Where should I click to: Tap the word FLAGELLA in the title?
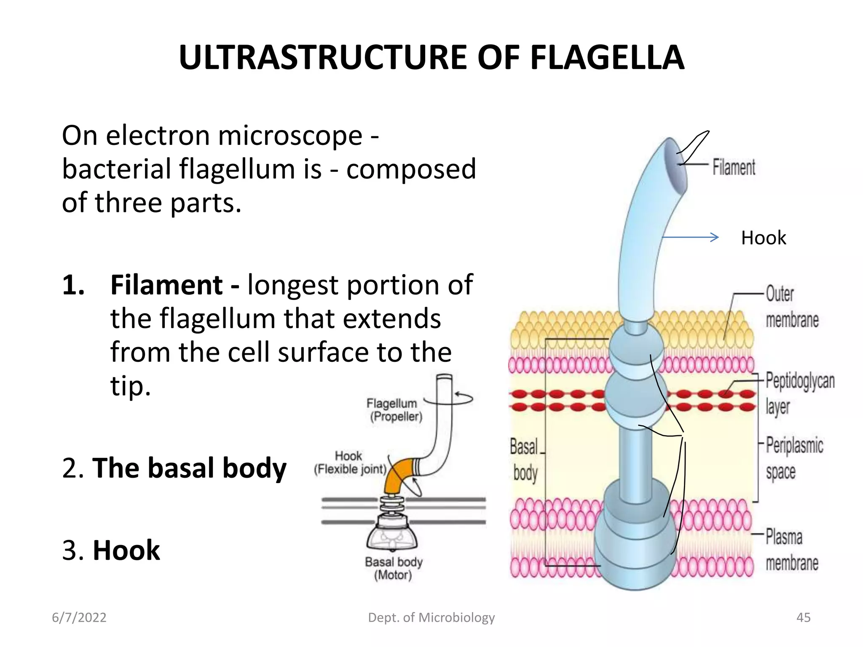607,58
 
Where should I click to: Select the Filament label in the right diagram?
734,167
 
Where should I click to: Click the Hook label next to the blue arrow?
763,238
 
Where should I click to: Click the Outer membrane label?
791,307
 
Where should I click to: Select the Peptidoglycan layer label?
799,393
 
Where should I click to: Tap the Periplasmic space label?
794,458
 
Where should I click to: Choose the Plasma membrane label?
791,550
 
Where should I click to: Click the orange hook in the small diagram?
398,474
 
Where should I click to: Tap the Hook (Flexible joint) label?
350,463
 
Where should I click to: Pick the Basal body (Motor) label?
393,568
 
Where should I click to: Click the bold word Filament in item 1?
166,285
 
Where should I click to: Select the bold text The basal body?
189,468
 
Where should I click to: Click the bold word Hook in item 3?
126,550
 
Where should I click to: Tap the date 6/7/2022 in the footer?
79,618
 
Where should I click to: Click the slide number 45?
803,618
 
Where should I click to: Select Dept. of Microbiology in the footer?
431,618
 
